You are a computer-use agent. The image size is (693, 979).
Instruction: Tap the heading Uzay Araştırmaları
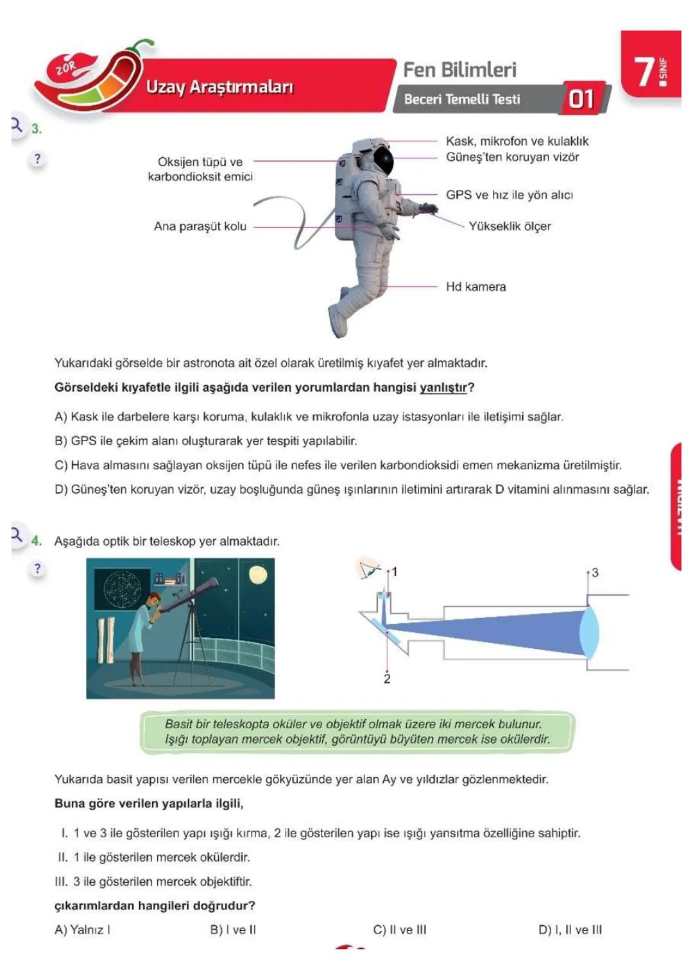[x=219, y=87]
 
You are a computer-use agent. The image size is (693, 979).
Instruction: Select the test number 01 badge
[x=581, y=99]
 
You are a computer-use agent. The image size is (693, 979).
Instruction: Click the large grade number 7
[x=644, y=71]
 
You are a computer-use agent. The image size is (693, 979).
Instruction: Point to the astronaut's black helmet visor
[x=383, y=160]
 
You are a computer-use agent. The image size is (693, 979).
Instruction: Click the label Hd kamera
[x=475, y=287]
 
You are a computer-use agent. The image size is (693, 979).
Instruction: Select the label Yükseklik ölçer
[x=509, y=226]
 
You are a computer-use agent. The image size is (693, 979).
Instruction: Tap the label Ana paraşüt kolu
[x=200, y=226]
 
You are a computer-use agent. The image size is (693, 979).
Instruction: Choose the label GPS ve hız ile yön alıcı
[x=509, y=195]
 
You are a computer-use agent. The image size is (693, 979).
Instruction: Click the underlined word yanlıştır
[x=443, y=387]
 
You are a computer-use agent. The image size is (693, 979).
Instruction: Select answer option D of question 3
[x=352, y=489]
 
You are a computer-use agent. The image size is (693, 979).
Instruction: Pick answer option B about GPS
[x=205, y=440]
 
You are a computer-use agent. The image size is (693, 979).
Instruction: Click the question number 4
[x=37, y=540]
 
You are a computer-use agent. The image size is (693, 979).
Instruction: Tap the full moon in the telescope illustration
[x=258, y=574]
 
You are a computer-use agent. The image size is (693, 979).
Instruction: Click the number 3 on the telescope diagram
[x=595, y=573]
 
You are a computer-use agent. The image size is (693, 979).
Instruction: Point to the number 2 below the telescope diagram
[x=387, y=678]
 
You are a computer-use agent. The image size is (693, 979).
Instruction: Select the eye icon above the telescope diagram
[x=368, y=568]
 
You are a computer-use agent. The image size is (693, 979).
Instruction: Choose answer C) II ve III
[x=399, y=930]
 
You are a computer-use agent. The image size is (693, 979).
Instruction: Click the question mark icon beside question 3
[x=37, y=159]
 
